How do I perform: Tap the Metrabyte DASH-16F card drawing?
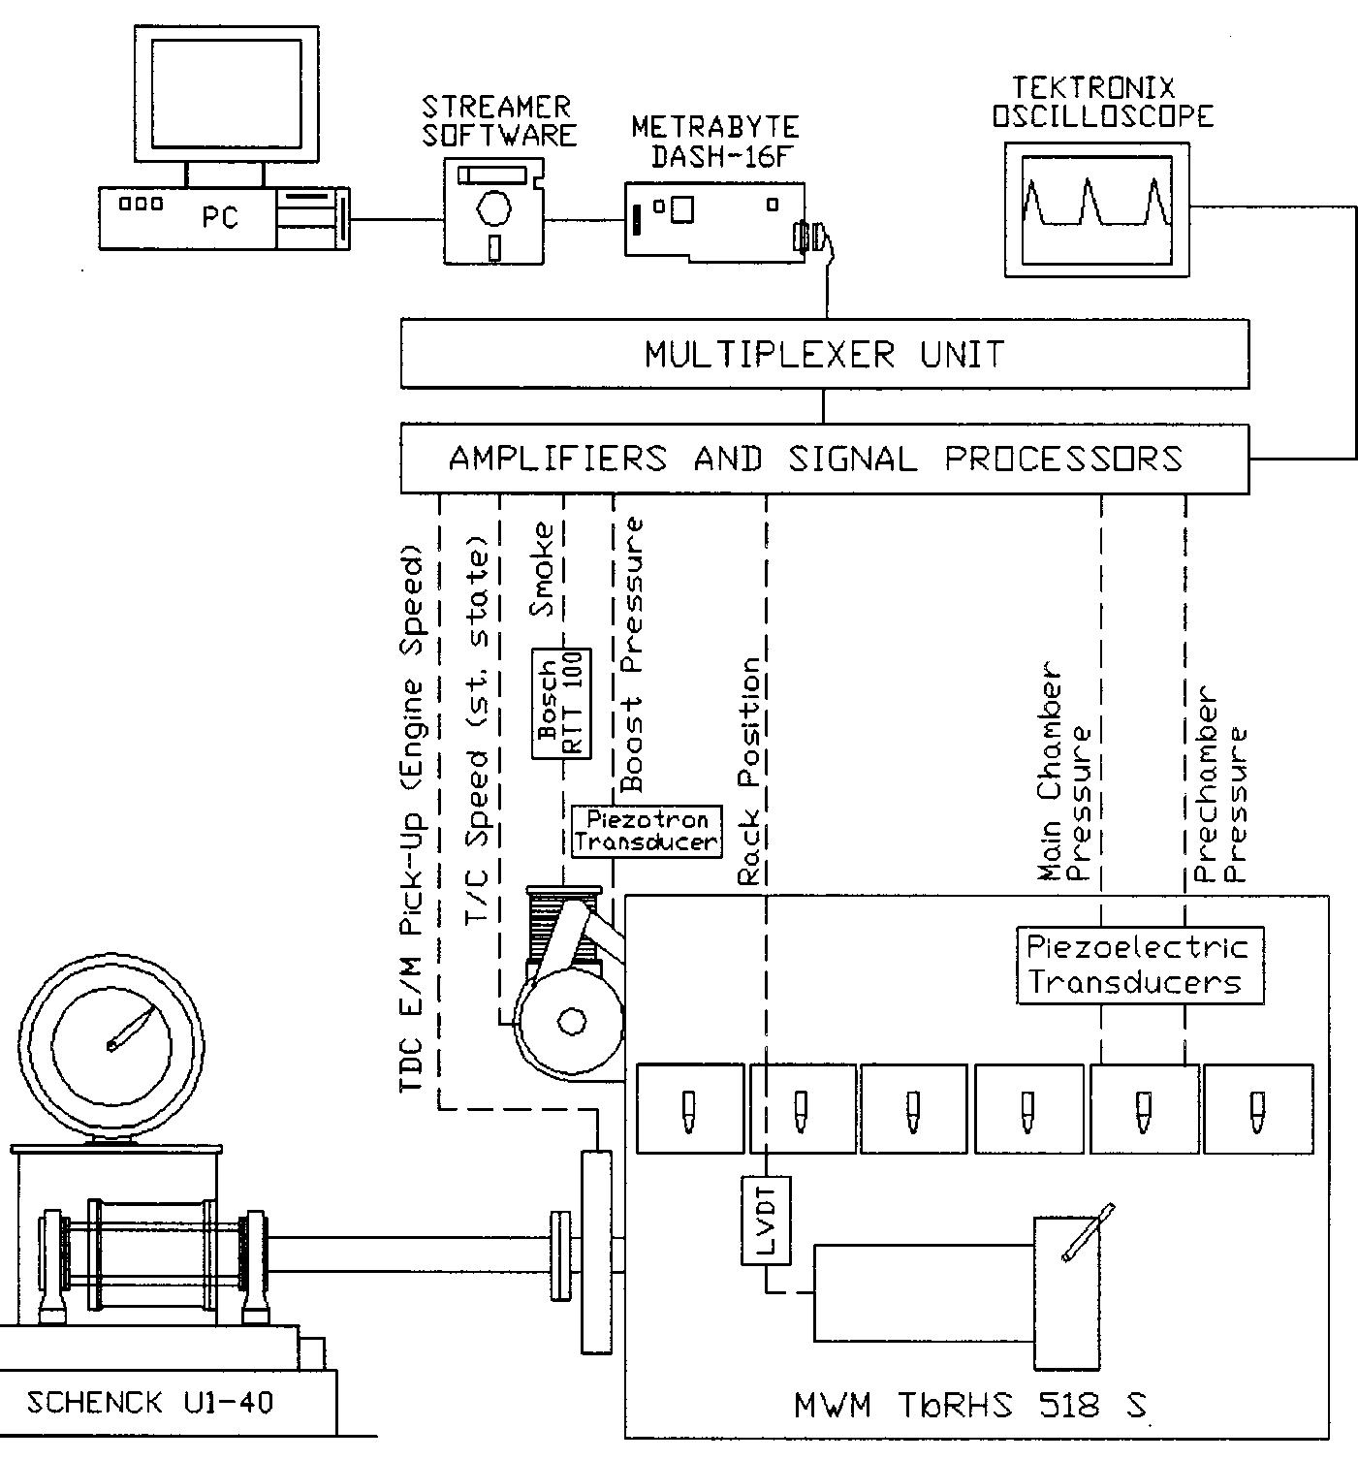tap(713, 219)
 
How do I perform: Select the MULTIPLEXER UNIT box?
tap(824, 355)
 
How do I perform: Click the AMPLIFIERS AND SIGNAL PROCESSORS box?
tap(824, 458)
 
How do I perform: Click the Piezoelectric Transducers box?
tap(1140, 965)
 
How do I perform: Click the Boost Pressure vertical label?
tap(631, 654)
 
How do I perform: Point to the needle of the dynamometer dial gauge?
tap(133, 1030)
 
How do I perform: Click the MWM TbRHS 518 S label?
tap(969, 1405)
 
